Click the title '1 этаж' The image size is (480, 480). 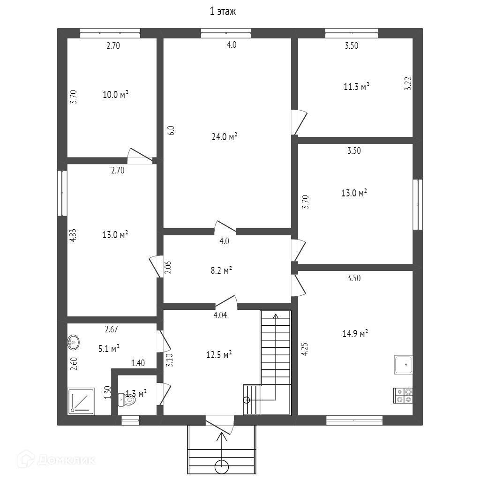coord(222,12)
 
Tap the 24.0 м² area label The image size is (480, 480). coord(224,137)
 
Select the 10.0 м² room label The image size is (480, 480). coord(115,95)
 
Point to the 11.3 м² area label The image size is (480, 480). coord(356,86)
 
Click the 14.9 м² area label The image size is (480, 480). coord(355,333)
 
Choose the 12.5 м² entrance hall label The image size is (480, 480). coord(219,355)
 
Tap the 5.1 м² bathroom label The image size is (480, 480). coord(109,348)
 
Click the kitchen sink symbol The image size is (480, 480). coord(403,365)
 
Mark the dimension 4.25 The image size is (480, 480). coord(304,350)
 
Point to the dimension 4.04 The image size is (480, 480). coord(220,315)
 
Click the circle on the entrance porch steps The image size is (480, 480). coord(222,466)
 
